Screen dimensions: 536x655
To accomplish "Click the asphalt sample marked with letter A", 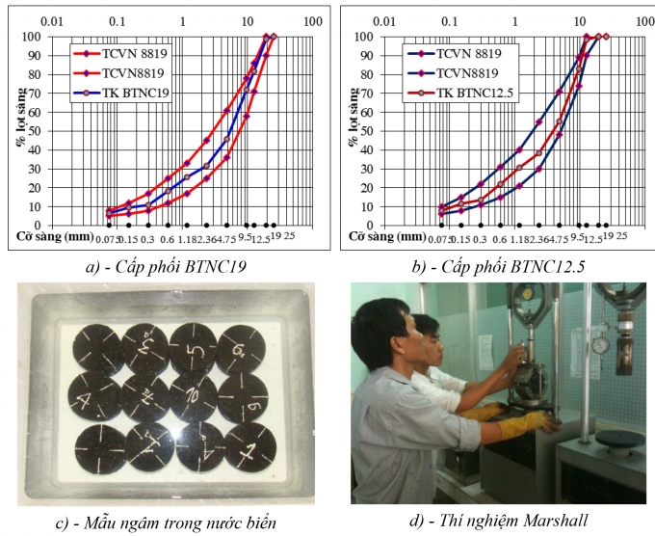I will pos(93,395).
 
